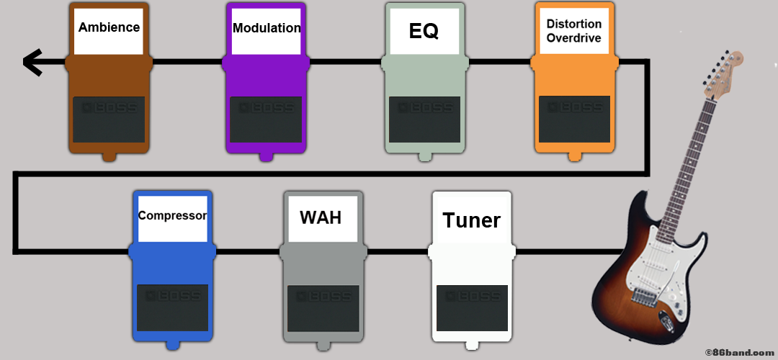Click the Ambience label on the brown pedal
[109, 28]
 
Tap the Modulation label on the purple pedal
[267, 28]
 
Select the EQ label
[424, 31]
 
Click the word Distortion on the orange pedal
[573, 24]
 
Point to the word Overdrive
[573, 38]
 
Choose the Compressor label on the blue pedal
[172, 215]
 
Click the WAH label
[321, 217]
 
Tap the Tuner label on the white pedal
[471, 220]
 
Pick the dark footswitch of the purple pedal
[266, 119]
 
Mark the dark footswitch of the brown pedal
[109, 119]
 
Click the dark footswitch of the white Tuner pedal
[472, 307]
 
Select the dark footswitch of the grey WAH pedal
[323, 307]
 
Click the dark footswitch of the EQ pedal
[424, 119]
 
